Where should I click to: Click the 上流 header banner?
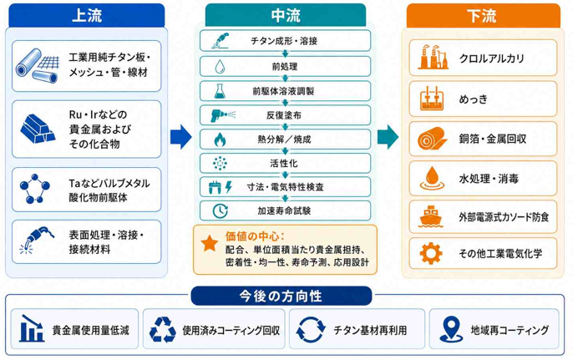coord(87,16)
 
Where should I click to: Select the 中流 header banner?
coord(286,16)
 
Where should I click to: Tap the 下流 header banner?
coord(483,16)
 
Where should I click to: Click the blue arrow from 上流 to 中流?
coord(180,137)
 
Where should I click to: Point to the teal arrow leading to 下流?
coord(388,137)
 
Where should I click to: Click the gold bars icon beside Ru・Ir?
coord(38,129)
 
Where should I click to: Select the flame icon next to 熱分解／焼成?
coord(220,139)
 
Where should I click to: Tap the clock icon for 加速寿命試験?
coord(220,211)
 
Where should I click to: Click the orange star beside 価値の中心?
coord(210,244)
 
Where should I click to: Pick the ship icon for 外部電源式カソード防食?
coord(430,216)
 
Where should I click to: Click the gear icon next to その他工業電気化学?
coord(431,254)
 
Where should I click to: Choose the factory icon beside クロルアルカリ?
coord(433,58)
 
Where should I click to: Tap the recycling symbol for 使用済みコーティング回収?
coord(163,330)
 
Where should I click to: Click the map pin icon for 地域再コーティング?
coord(451,329)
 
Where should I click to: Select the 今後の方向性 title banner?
coord(281,296)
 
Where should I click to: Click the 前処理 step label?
coord(285,67)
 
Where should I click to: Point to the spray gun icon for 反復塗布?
coord(223,115)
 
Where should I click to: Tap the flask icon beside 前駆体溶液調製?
coord(220,91)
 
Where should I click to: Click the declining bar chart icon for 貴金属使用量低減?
coord(32,329)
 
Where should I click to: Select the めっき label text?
coord(474,99)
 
